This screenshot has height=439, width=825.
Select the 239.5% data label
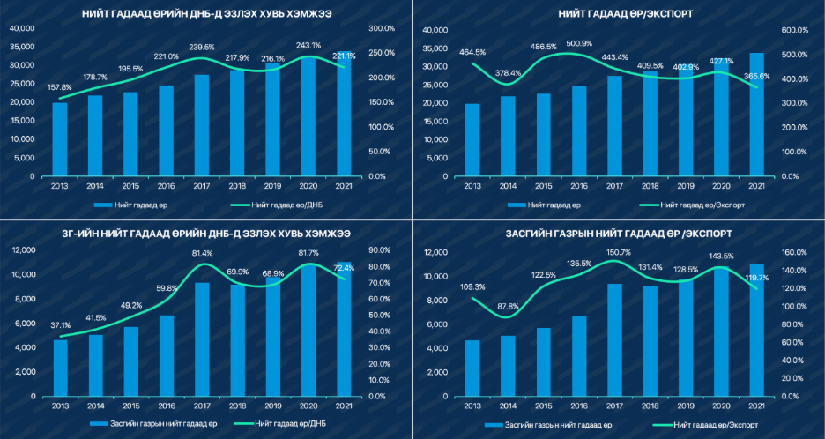click(202, 47)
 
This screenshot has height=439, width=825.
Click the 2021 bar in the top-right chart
click(755, 115)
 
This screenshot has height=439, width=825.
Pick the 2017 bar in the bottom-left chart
click(202, 339)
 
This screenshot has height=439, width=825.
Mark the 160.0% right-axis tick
click(797, 252)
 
